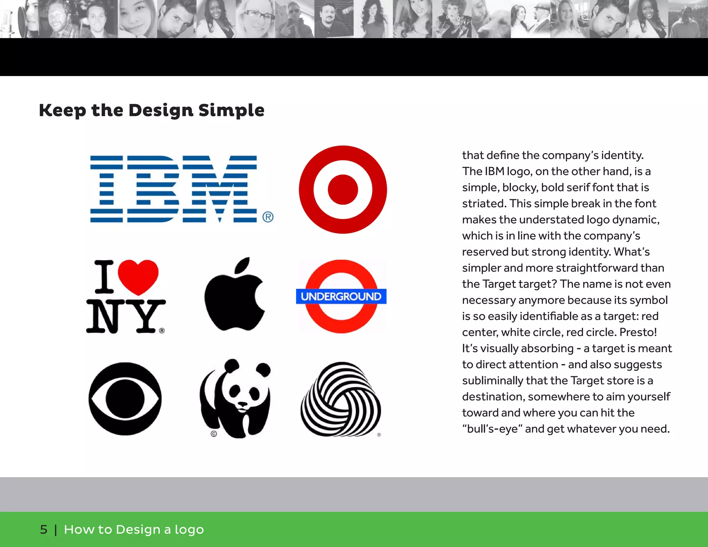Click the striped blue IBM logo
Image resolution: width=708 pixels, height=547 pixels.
[174, 189]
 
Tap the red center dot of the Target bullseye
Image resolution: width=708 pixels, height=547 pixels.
[343, 189]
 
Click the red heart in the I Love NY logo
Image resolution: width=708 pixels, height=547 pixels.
[138, 276]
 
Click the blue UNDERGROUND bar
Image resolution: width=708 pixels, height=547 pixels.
[341, 296]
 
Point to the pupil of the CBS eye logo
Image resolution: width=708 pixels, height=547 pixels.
[125, 399]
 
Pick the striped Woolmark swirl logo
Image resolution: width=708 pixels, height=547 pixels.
[341, 399]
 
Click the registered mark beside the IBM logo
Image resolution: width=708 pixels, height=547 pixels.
[268, 217]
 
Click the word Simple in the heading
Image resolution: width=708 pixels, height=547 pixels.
[231, 110]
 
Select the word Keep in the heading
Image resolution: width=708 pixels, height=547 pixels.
[62, 110]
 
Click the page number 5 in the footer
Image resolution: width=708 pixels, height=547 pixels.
[44, 529]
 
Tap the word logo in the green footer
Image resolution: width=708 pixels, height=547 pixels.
[189, 530]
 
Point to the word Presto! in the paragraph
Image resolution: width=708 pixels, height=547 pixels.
[638, 332]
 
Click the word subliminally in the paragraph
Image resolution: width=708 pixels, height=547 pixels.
[493, 380]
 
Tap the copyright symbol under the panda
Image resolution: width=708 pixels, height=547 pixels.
[214, 434]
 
